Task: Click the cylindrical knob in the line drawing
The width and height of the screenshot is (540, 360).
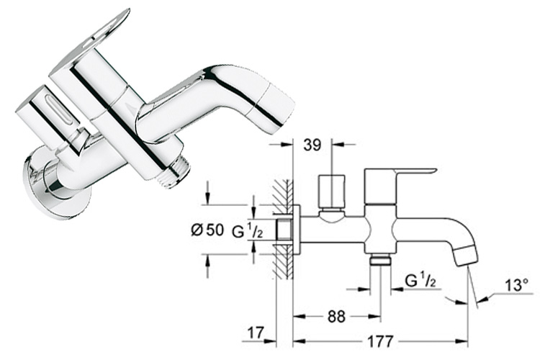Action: (x=331, y=191)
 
